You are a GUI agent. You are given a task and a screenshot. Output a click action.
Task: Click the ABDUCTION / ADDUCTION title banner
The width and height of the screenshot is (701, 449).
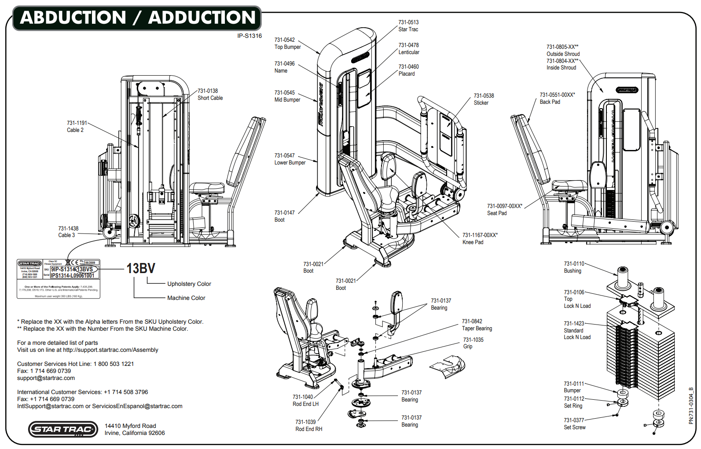click(x=137, y=18)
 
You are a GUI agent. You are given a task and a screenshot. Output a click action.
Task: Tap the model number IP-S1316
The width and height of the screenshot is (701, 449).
click(x=249, y=36)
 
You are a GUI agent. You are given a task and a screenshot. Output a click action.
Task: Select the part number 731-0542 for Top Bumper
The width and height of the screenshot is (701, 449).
click(x=285, y=40)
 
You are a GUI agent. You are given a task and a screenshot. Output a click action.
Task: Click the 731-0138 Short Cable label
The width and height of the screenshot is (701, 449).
click(x=210, y=95)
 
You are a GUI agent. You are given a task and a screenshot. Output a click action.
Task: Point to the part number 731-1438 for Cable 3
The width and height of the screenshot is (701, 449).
click(x=68, y=229)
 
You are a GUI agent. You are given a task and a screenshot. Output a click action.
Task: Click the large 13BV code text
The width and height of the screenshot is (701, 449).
click(x=141, y=269)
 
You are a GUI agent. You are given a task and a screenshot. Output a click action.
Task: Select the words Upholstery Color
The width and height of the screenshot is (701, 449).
click(x=189, y=284)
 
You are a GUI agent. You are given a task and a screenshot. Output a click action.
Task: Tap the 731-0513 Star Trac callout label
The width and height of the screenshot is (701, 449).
click(x=408, y=26)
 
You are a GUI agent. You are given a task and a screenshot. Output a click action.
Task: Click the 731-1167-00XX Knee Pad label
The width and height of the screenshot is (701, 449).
click(x=480, y=239)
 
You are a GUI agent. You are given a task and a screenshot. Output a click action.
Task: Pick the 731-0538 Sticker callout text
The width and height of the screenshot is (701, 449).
click(x=484, y=99)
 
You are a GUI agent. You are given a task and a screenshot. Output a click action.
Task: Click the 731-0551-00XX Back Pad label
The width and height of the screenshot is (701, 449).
click(x=557, y=98)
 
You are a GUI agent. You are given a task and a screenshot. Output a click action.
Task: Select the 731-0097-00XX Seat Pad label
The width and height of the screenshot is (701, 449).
click(x=504, y=210)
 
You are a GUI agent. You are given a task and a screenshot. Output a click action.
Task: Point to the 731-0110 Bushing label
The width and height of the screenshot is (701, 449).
click(x=574, y=267)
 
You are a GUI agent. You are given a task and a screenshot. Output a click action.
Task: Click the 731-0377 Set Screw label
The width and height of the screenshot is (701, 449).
click(x=574, y=424)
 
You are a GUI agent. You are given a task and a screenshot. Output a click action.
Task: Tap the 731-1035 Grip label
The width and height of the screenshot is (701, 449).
click(x=473, y=343)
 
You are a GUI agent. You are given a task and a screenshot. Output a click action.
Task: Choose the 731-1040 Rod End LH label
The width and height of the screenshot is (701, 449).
click(x=305, y=401)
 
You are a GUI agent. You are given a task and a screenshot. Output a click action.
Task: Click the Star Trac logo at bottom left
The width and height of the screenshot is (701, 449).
click(x=63, y=429)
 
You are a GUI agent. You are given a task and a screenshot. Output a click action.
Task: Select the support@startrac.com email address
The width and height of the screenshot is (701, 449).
click(x=46, y=378)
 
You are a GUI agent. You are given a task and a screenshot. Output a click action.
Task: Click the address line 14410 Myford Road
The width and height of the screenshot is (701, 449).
click(x=130, y=426)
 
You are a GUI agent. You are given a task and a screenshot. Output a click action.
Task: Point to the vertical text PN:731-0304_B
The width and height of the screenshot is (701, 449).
click(x=691, y=405)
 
